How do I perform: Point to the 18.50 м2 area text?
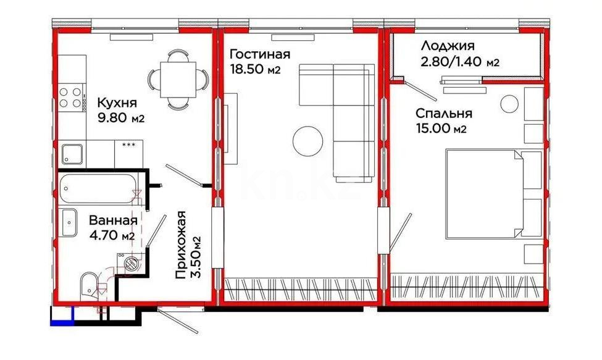point(255,69)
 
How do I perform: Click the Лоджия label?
point(448,46)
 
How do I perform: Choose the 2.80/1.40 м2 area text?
point(460,62)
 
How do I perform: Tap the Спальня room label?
point(443,114)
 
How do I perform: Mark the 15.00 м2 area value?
point(440,129)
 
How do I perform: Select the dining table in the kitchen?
point(177,79)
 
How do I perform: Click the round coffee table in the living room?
point(307,141)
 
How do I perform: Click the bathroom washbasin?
point(69,219)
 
